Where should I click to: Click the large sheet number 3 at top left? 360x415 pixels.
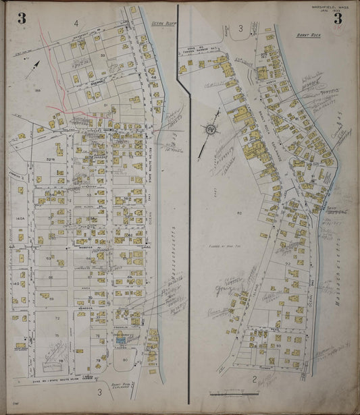(22, 18)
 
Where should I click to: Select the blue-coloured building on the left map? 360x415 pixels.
(121, 342)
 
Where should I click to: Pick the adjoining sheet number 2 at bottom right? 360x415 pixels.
(255, 381)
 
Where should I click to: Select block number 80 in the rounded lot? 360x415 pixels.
(126, 360)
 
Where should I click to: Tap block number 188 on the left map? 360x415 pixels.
(38, 89)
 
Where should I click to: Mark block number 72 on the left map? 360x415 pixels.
(57, 317)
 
